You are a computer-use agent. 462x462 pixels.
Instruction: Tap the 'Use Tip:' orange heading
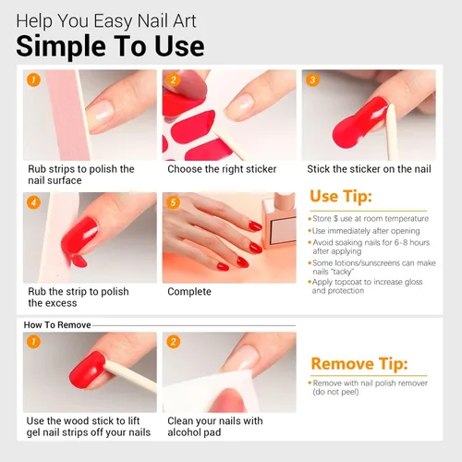(x=341, y=197)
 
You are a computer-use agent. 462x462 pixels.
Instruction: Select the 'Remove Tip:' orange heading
(x=359, y=363)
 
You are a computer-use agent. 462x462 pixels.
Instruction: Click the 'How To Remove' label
(x=56, y=325)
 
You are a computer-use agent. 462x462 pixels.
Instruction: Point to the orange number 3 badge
(x=313, y=80)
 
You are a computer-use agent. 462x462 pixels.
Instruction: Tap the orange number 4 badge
(x=33, y=201)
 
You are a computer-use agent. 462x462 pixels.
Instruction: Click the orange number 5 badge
(x=173, y=201)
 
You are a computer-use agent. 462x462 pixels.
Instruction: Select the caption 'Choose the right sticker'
(x=222, y=169)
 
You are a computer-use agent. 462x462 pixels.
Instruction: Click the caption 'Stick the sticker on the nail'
(x=369, y=169)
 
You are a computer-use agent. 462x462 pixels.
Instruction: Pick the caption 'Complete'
(x=189, y=292)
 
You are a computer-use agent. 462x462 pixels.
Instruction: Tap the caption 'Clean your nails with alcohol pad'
(x=215, y=426)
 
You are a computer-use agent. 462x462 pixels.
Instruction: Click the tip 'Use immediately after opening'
(x=364, y=230)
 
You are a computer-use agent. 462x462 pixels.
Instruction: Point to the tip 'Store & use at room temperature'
(x=370, y=218)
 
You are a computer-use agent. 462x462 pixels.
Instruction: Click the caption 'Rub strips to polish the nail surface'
(x=81, y=175)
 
